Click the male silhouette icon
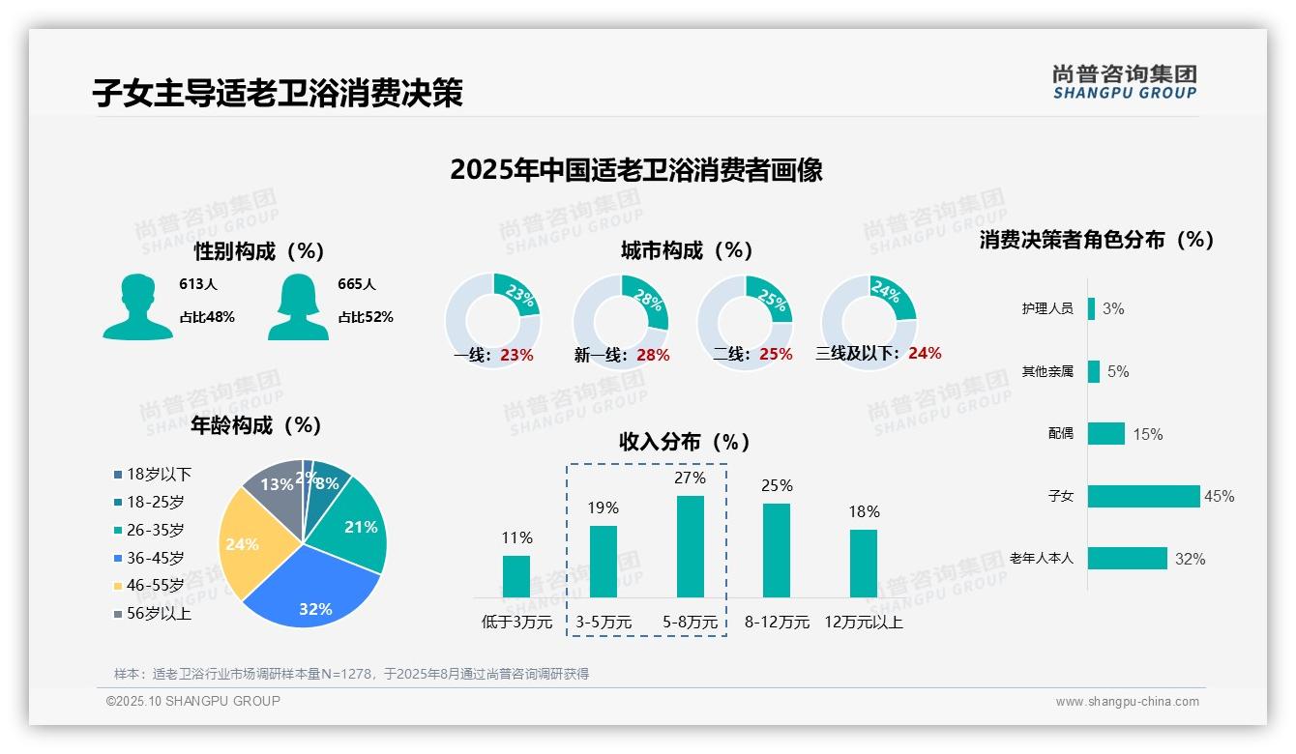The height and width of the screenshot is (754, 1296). (138, 306)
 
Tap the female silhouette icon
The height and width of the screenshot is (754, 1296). (298, 306)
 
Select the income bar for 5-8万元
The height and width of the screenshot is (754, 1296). (691, 546)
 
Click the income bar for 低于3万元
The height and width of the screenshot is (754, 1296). (516, 576)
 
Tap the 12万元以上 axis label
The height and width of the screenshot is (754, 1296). (864, 623)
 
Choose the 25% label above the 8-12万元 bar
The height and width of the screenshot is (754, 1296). (777, 485)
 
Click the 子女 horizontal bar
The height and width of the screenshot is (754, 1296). (1143, 496)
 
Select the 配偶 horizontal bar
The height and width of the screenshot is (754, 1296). (1106, 433)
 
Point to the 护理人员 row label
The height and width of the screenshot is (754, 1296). (1047, 309)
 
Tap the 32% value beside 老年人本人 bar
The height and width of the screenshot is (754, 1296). (1190, 559)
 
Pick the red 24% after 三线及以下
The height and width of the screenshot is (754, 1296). (925, 353)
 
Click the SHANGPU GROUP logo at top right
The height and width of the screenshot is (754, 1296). (1125, 82)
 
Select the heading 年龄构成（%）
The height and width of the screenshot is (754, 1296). (256, 425)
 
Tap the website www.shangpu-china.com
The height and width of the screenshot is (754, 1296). (1127, 702)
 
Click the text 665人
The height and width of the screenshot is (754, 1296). (357, 284)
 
